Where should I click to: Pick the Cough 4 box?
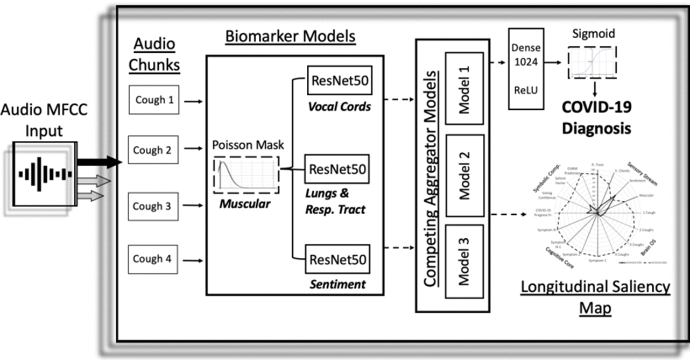(x=152, y=259)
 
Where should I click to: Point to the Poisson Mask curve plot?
(x=247, y=174)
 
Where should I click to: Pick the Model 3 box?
(x=464, y=261)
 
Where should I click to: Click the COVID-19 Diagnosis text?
(x=596, y=117)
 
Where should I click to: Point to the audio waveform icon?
(x=45, y=174)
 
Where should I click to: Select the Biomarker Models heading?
(x=290, y=37)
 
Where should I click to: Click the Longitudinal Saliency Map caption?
(x=595, y=297)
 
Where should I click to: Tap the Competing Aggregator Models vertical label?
(x=430, y=175)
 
